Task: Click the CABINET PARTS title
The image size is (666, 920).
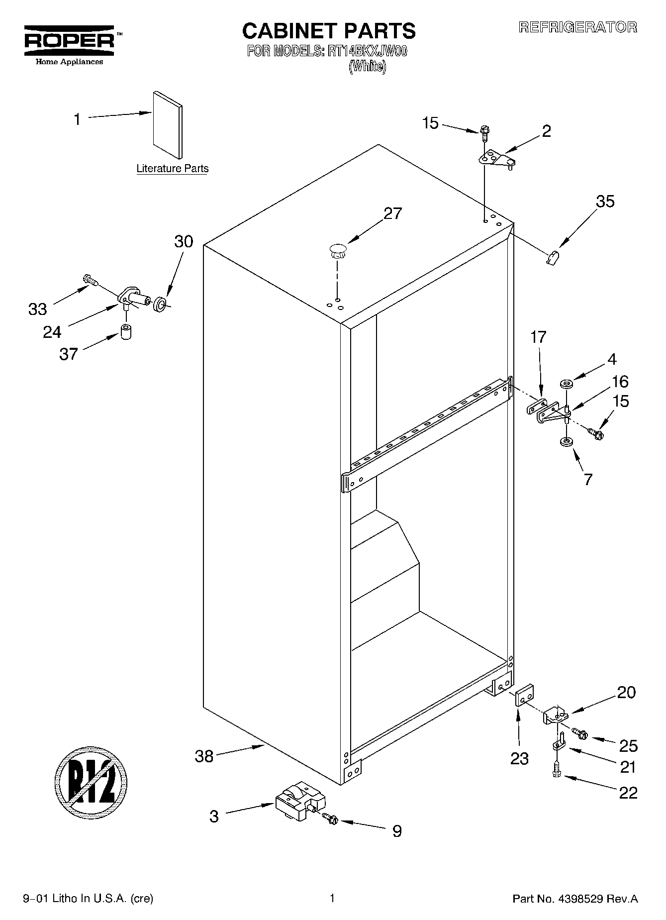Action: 328,31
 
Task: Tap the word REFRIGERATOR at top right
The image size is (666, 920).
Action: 577,27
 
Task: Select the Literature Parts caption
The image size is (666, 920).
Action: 172,169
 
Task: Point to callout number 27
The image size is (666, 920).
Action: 392,213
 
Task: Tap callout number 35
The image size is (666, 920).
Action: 605,202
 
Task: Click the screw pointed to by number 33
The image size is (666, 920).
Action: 90,280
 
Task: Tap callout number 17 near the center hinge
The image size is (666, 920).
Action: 538,337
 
